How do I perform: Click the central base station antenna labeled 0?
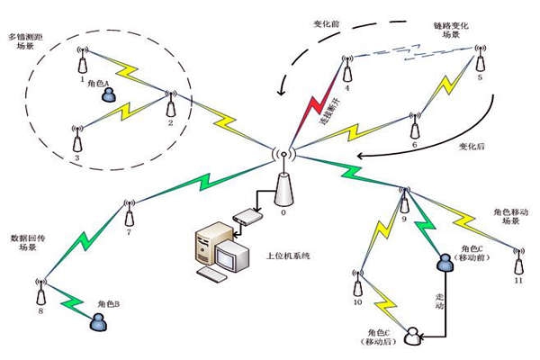coord(283,179)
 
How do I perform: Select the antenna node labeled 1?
coord(83,60)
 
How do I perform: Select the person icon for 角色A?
coord(108,94)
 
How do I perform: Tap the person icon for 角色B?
coord(95,320)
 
